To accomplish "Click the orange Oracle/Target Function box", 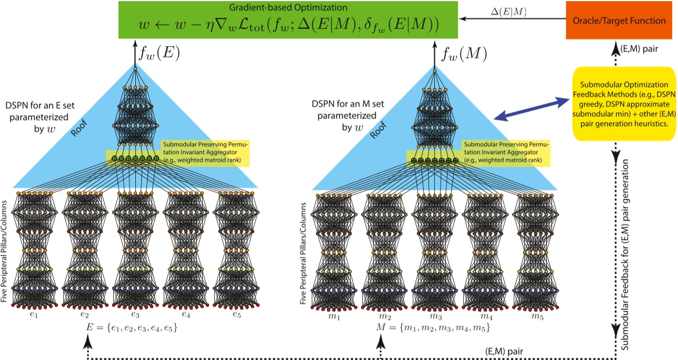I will click(x=620, y=21).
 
